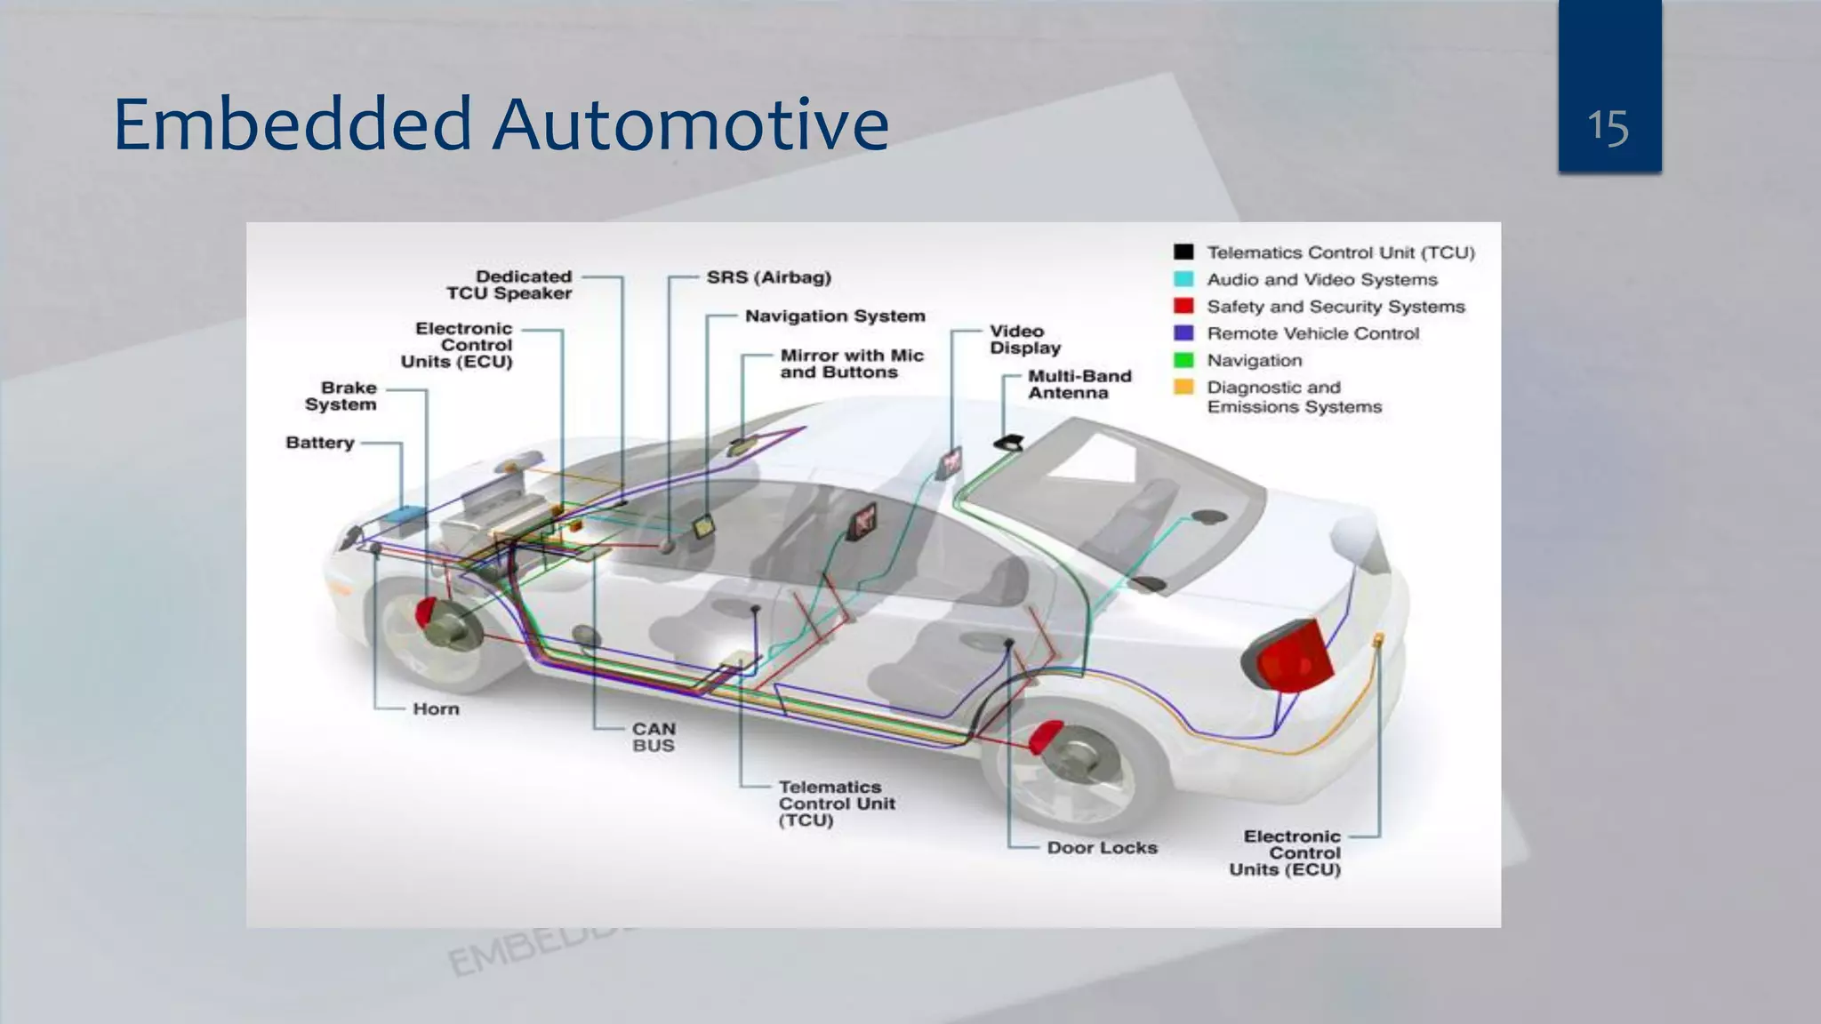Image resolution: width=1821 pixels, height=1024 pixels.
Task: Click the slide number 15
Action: (x=1608, y=127)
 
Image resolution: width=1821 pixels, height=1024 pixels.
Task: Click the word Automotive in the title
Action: (x=690, y=124)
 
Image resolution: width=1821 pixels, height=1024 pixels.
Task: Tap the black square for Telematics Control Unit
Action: (x=1183, y=252)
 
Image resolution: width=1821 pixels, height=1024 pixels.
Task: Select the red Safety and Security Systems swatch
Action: (x=1183, y=306)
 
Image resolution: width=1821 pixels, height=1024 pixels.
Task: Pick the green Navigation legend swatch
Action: (x=1183, y=360)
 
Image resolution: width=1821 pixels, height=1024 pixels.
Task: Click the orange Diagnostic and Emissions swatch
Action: (x=1183, y=387)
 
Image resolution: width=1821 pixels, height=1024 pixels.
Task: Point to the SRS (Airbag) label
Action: (x=768, y=277)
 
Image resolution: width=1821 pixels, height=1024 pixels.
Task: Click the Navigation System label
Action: (x=834, y=316)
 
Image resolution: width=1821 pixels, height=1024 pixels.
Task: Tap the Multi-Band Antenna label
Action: (x=1079, y=385)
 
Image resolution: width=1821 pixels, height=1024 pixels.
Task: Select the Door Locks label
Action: (x=1102, y=848)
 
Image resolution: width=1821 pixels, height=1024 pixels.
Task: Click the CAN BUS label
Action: (x=654, y=737)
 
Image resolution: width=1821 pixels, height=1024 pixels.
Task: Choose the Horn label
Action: (x=436, y=709)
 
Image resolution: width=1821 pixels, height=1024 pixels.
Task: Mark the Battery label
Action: (x=319, y=443)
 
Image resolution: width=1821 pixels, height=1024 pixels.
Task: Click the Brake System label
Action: (x=341, y=396)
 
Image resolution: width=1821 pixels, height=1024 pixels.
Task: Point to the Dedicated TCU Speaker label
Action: (x=509, y=285)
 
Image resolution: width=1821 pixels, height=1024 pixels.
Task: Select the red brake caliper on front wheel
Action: (x=426, y=612)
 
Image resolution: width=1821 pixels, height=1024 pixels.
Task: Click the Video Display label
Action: (x=1024, y=340)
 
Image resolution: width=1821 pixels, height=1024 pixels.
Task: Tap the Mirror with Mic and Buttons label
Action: (x=851, y=364)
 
